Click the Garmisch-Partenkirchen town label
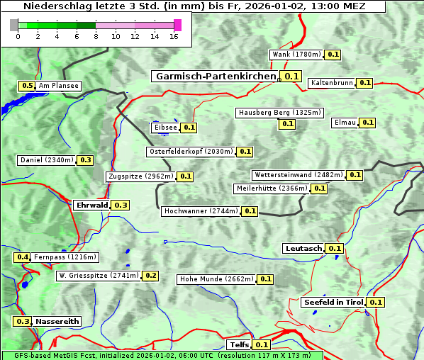pos(216,76)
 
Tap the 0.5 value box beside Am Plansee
pos(27,86)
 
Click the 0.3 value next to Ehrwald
pos(121,205)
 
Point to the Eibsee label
pos(165,128)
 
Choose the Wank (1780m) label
pos(297,55)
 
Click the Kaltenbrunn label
pos(331,83)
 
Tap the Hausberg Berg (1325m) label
pos(279,113)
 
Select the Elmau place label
pos(345,123)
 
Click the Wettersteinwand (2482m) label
pos(299,175)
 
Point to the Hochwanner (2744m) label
pos(201,211)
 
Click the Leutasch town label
pos(303,248)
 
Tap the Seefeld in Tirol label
pos(333,302)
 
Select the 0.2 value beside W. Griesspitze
pos(150,276)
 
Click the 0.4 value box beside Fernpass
pos(23,257)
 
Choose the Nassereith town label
pos(57,321)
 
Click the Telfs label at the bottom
pos(238,344)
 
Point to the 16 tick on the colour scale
pos(174,37)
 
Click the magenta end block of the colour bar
pos(177,25)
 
